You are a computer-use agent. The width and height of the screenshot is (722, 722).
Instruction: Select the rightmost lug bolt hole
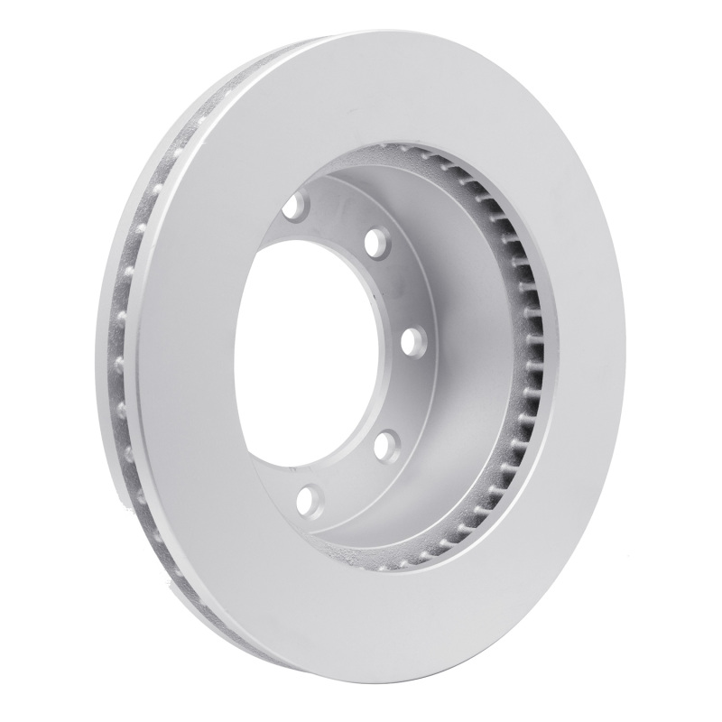pyautogui.click(x=412, y=341)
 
